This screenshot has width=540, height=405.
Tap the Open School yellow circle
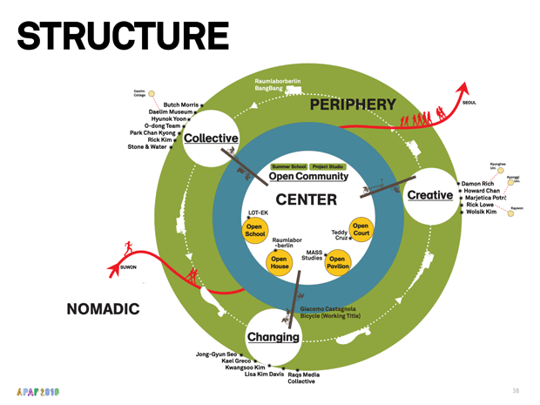click(254, 231)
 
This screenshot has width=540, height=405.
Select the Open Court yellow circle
click(361, 230)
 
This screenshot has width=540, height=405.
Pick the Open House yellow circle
click(279, 263)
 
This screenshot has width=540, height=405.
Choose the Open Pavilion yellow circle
click(337, 263)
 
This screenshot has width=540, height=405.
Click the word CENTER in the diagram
click(306, 199)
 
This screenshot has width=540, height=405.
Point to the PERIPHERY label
click(353, 105)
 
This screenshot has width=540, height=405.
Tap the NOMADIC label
click(103, 309)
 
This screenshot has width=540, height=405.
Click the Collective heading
click(211, 138)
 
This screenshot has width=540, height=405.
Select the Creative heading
click(429, 194)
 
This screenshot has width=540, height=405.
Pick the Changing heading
click(273, 337)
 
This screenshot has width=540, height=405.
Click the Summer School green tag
click(288, 166)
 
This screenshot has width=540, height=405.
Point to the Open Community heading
click(308, 177)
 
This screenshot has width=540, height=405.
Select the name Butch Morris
click(181, 105)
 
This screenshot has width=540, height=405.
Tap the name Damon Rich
click(479, 184)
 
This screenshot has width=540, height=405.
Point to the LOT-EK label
click(259, 213)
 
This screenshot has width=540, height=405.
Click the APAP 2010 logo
click(37, 391)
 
